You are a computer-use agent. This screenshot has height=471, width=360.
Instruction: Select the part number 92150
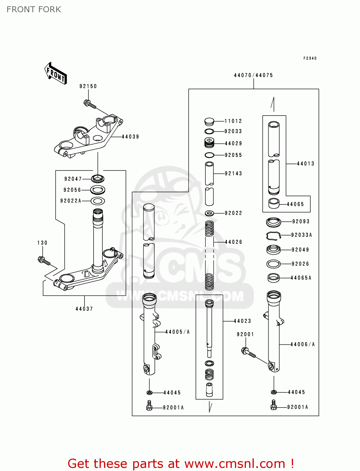click(x=88, y=86)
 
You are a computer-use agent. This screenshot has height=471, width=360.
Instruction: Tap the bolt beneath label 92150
click(x=90, y=104)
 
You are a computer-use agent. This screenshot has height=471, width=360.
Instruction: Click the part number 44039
click(x=130, y=137)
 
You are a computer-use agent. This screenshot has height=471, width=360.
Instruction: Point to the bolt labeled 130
click(x=44, y=260)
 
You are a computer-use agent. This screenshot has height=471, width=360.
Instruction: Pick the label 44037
click(x=84, y=309)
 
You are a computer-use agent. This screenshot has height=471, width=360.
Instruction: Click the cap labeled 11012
click(x=209, y=121)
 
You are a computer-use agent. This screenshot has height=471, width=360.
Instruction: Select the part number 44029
click(x=233, y=143)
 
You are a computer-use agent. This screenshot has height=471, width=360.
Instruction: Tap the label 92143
click(x=233, y=173)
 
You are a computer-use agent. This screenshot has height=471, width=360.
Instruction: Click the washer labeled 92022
click(x=209, y=214)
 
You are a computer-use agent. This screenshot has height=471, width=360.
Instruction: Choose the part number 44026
click(x=233, y=242)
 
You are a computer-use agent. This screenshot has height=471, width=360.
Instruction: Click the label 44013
click(x=305, y=164)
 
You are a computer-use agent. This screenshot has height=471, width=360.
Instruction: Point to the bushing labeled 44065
click(x=274, y=203)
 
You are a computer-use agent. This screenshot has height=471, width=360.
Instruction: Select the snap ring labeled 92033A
click(x=273, y=235)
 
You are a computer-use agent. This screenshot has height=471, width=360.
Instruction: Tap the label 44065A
click(x=301, y=278)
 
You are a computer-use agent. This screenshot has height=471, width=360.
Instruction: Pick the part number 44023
click(x=242, y=321)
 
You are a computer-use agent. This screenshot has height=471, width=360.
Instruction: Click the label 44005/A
click(x=177, y=332)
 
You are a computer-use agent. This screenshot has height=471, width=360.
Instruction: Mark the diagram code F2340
click(x=310, y=58)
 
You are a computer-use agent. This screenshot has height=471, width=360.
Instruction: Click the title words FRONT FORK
click(x=34, y=9)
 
